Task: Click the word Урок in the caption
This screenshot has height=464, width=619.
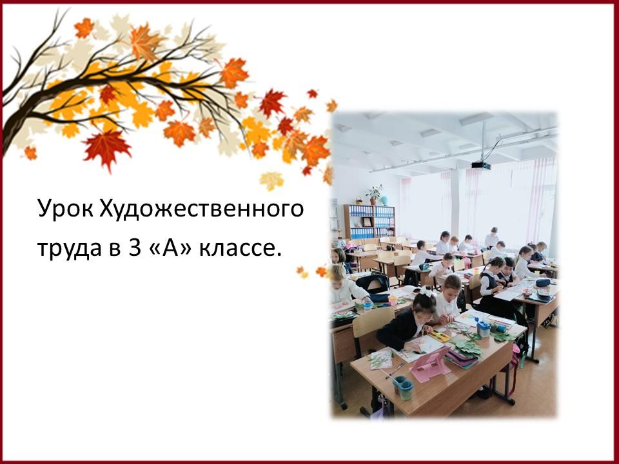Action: [65, 209]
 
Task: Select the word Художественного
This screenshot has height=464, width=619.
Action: [201, 209]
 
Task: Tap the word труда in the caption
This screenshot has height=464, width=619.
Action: [69, 249]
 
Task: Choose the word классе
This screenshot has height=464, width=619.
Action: [241, 249]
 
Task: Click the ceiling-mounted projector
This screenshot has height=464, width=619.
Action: [481, 165]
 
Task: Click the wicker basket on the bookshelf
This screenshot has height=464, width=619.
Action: [359, 200]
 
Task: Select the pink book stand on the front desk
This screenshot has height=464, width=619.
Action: [431, 364]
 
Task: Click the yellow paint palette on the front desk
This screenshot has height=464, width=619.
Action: [439, 336]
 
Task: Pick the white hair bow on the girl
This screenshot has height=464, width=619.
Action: [426, 292]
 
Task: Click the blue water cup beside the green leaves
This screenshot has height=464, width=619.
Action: [483, 329]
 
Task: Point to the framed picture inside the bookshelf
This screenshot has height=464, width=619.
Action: [368, 222]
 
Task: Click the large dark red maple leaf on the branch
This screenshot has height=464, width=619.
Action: [106, 149]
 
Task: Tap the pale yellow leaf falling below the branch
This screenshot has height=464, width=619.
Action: [271, 180]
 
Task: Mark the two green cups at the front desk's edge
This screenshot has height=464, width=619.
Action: [402, 387]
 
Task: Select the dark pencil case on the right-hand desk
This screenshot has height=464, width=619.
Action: [543, 283]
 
